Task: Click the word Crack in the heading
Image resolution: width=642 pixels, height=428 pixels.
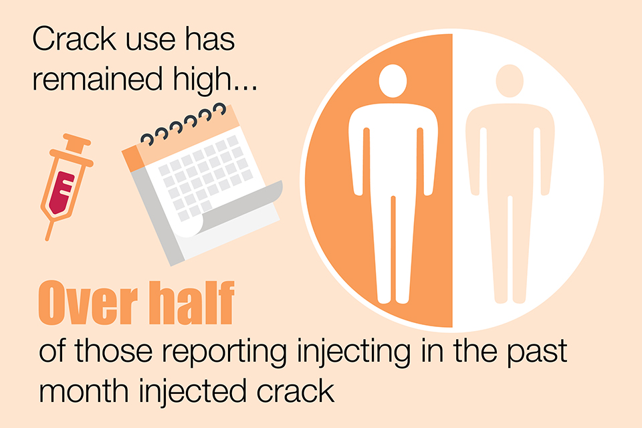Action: point(74,39)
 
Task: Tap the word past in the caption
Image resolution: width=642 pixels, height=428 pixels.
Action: point(537,352)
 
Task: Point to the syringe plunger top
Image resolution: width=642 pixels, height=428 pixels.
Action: point(76,139)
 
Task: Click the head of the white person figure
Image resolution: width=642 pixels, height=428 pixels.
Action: point(393,81)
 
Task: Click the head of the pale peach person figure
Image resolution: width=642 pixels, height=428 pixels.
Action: point(510,81)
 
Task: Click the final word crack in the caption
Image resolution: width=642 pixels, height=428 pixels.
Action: point(296,391)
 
